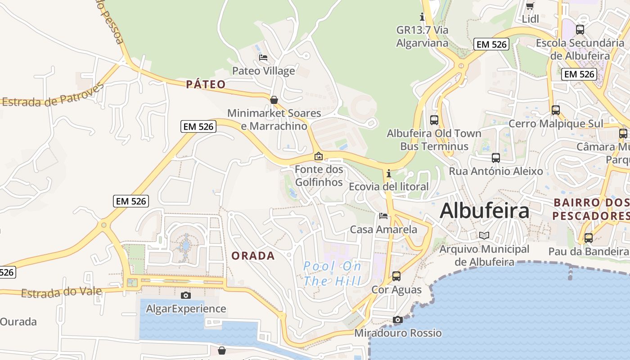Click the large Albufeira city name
[484, 210]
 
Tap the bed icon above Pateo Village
[263, 58]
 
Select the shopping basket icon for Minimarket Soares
[274, 99]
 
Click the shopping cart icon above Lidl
[530, 6]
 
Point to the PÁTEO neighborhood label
[206, 84]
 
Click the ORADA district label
[253, 256]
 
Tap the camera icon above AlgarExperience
[185, 295]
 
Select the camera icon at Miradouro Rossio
[397, 319]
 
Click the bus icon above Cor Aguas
[396, 276]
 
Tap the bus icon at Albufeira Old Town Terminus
[434, 120]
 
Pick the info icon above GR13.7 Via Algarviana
[422, 17]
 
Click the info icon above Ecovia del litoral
[388, 173]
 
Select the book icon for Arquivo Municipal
[484, 235]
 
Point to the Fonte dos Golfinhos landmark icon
[319, 156]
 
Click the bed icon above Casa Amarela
[383, 216]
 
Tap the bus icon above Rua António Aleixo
[496, 158]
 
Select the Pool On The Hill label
[332, 274]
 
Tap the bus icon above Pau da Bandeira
[588, 238]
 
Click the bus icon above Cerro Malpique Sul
[556, 110]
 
